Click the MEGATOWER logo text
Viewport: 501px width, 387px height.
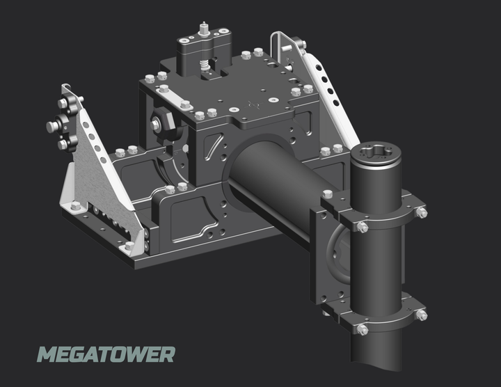point(106,354)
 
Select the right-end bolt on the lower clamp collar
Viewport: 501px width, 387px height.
point(421,315)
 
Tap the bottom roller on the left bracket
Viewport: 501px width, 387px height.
point(65,144)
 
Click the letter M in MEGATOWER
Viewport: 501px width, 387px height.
point(47,354)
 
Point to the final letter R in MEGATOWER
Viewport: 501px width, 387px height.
point(165,354)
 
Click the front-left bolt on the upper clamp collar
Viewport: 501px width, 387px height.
point(363,227)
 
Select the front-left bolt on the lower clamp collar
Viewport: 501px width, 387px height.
point(363,329)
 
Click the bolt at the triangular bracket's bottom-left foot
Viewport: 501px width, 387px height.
point(74,206)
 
